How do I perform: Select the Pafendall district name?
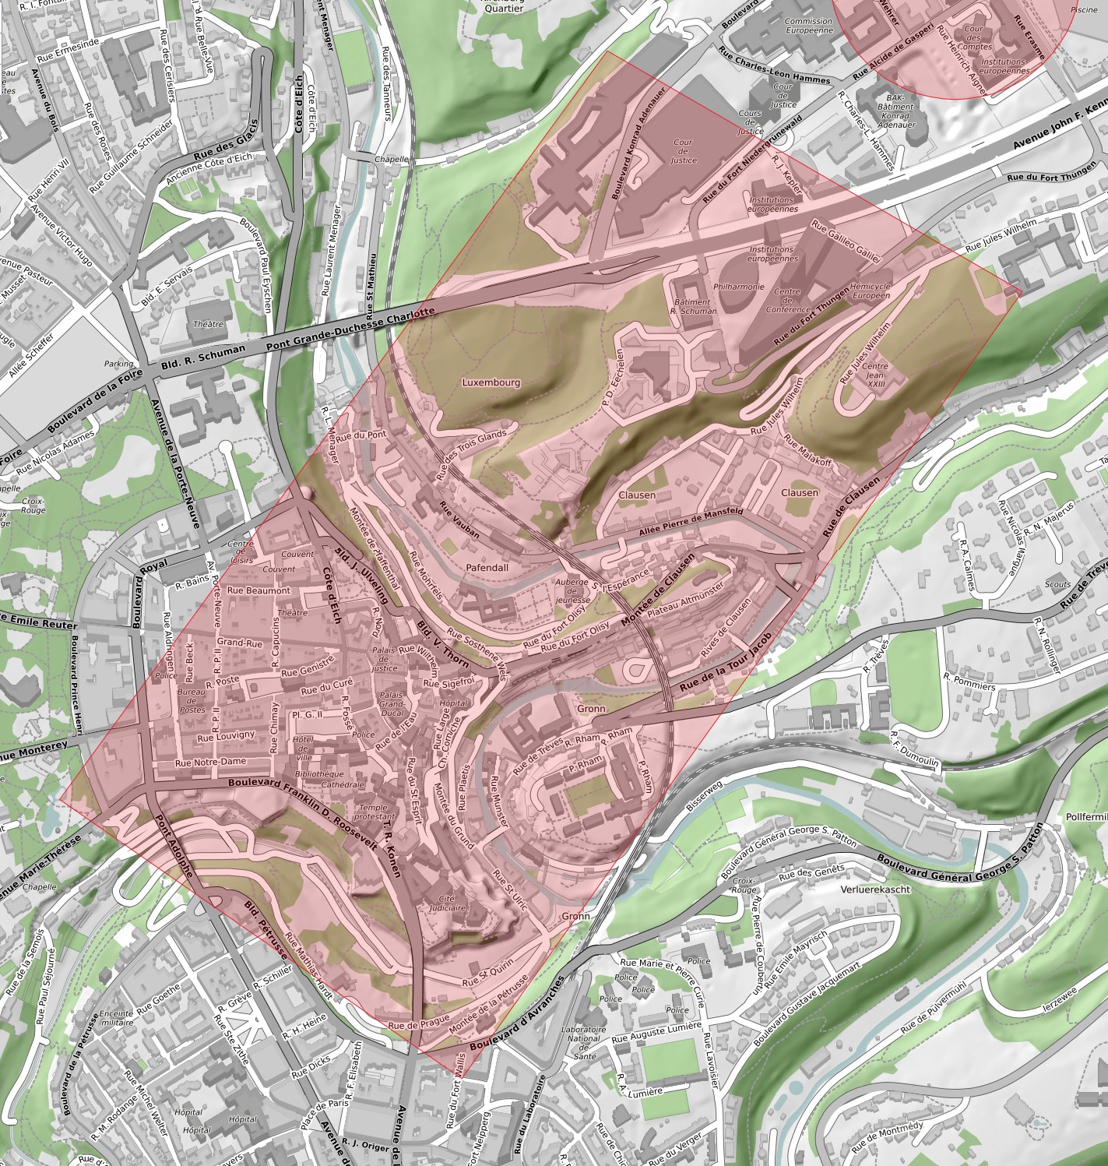[x=487, y=568]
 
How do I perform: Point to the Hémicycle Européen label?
[x=871, y=291]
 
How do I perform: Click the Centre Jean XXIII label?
[x=874, y=375]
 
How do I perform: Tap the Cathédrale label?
[x=343, y=784]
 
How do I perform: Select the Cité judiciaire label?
[x=446, y=903]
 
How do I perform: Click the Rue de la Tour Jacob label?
[x=726, y=663]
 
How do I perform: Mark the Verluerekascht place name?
[x=875, y=889]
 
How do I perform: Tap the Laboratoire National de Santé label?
[x=583, y=1042]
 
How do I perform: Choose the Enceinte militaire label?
[x=117, y=1017]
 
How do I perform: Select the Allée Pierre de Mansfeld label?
[x=690, y=523]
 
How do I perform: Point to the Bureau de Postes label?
[x=192, y=700]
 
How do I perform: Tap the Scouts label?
[x=1057, y=583]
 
